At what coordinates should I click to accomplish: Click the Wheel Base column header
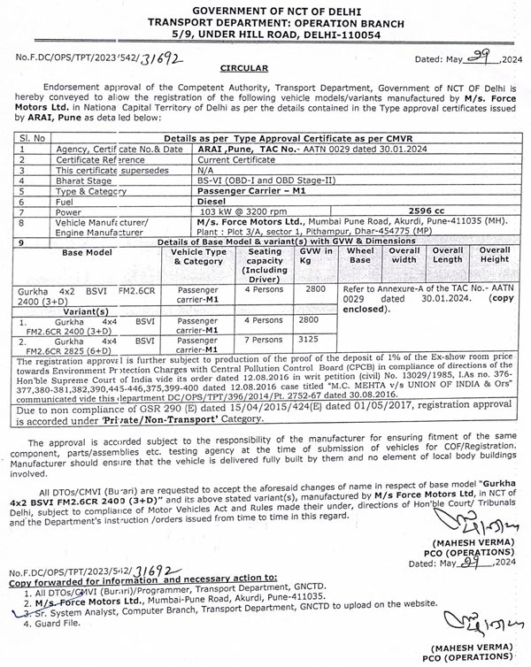(x=359, y=256)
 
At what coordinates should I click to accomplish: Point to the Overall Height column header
(x=494, y=256)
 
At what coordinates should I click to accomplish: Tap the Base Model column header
(x=86, y=251)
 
